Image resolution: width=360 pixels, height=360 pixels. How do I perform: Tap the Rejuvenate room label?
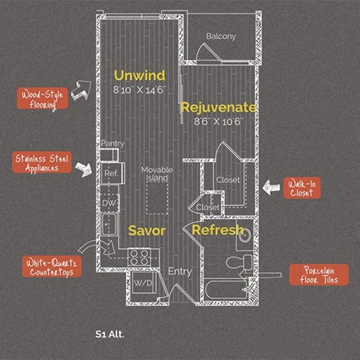click(x=218, y=107)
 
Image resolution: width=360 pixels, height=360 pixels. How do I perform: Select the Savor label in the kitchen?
click(x=146, y=230)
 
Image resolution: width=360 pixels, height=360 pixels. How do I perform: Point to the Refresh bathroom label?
click(x=217, y=229)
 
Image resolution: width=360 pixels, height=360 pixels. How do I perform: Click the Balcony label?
click(x=221, y=37)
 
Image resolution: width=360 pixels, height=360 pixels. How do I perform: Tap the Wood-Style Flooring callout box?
click(x=43, y=98)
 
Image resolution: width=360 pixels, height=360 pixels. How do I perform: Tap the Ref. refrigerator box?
click(x=111, y=174)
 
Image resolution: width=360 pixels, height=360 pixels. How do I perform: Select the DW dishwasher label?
click(x=109, y=202)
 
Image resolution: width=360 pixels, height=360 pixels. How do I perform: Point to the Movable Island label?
click(x=157, y=174)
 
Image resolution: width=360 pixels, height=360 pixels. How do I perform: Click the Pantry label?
click(x=112, y=143)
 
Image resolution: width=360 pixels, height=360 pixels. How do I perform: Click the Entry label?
click(x=180, y=271)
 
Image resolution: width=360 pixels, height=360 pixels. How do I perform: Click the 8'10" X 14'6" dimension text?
click(x=139, y=90)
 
